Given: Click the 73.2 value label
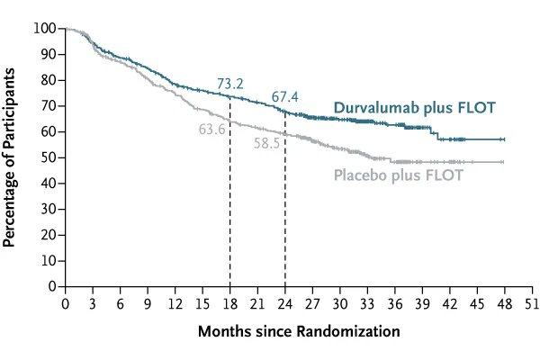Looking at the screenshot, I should click(x=231, y=85).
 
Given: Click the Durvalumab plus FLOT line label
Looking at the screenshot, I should click(x=414, y=109).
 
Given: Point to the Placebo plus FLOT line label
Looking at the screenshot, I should click(x=398, y=175).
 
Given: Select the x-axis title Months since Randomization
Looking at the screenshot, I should click(x=299, y=332).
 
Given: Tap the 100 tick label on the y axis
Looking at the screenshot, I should click(x=45, y=29).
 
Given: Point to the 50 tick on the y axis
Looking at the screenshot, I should click(x=49, y=157).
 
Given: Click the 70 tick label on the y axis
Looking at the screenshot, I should click(x=49, y=106).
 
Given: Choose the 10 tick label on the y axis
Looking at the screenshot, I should click(x=49, y=261).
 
